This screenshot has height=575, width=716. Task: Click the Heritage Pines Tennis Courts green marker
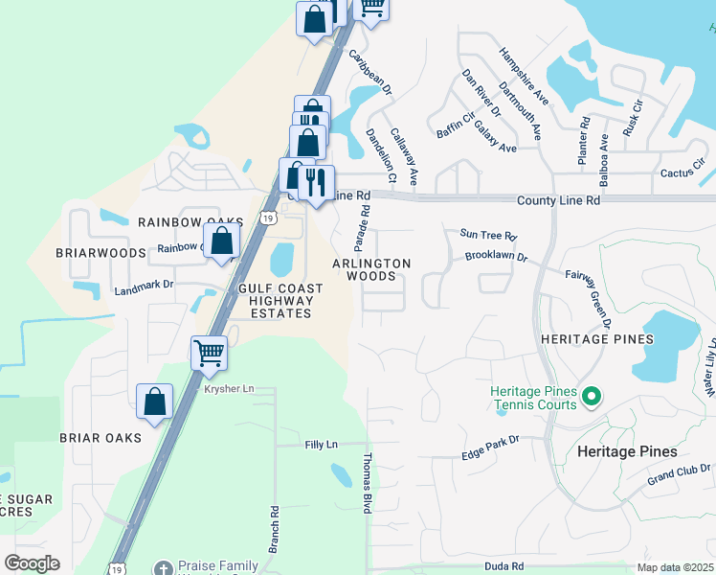591,395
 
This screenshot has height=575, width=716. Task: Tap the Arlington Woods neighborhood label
371,269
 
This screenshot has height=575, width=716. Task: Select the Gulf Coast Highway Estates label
280,301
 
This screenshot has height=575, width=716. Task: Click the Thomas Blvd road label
367,484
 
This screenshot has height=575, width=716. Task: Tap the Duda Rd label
503,567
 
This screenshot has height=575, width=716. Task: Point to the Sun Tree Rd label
488,235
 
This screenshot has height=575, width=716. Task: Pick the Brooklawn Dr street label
496,257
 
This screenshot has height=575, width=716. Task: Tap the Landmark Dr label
144,286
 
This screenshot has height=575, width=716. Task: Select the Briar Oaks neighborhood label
101,438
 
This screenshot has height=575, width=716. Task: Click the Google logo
33,563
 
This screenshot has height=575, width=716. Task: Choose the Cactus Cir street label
682,173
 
